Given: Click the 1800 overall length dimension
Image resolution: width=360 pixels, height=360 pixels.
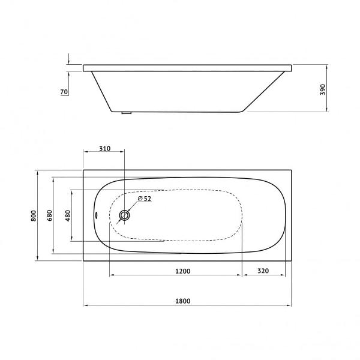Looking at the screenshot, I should (x=183, y=301).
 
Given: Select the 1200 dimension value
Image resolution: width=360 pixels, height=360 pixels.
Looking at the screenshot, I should (x=183, y=271).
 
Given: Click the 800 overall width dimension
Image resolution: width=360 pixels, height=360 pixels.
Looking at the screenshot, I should (x=35, y=215).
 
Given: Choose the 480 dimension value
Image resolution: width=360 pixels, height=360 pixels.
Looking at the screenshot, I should (x=68, y=215).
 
